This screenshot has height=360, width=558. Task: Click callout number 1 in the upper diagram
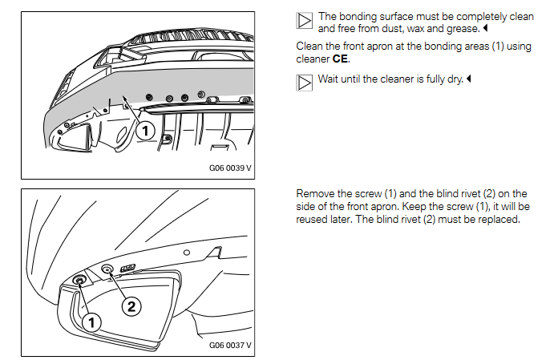(x=145, y=131)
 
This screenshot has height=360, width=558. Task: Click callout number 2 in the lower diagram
(x=131, y=306)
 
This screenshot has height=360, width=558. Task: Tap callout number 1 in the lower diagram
(x=91, y=322)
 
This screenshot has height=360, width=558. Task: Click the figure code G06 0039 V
(x=230, y=168)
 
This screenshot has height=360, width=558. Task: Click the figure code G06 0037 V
(x=230, y=345)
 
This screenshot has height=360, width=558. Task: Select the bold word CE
(x=340, y=59)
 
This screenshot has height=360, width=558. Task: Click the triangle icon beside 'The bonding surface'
(x=305, y=21)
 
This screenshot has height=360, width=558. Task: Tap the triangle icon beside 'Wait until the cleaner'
(x=305, y=83)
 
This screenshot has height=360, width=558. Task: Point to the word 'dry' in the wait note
(x=455, y=79)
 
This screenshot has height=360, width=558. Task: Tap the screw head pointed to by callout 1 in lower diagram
(x=79, y=280)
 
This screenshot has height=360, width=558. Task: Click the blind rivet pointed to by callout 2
(x=107, y=269)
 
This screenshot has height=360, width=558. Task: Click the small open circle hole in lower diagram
(x=187, y=253)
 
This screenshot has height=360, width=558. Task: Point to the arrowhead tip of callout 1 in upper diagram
(x=123, y=96)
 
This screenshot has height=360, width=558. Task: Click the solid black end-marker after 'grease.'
(x=485, y=28)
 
